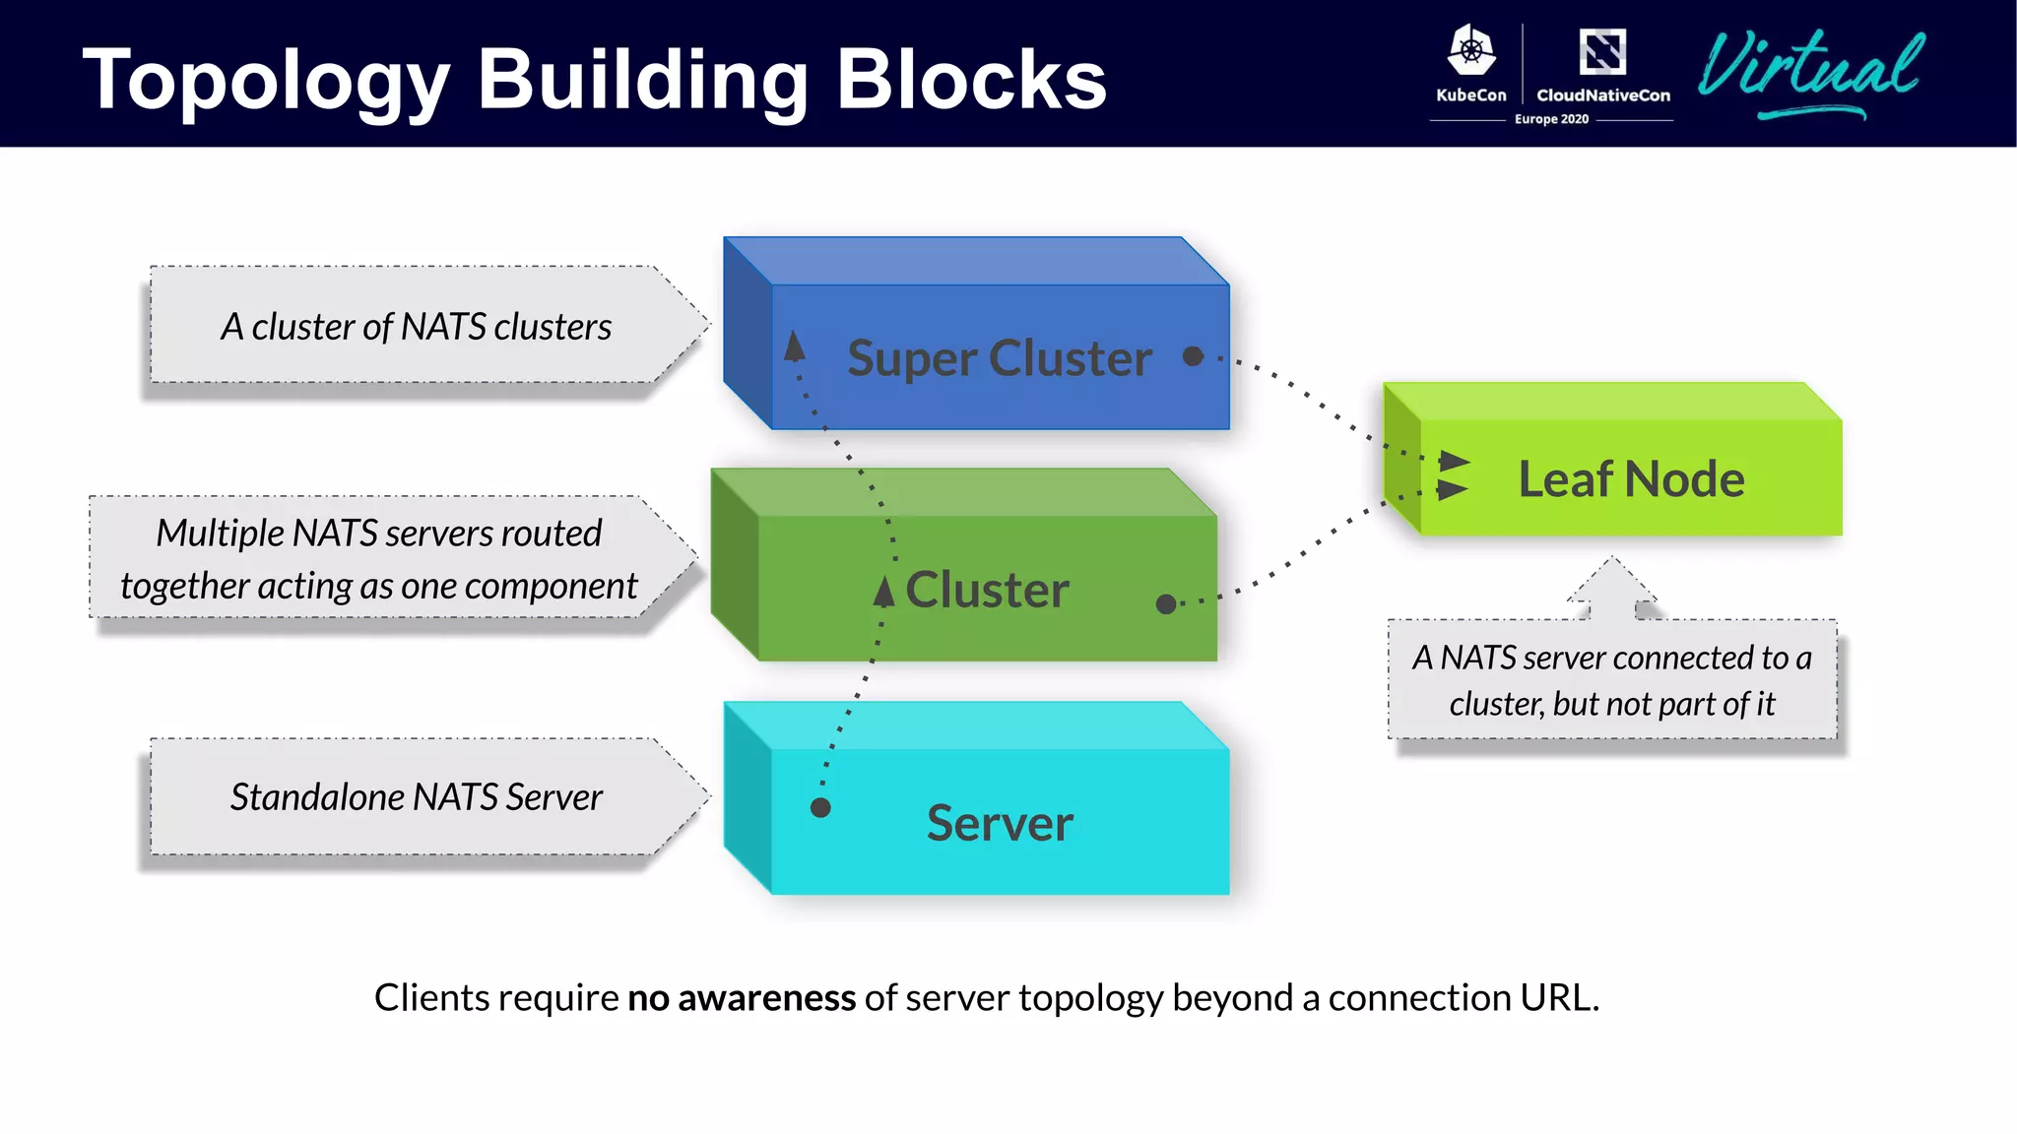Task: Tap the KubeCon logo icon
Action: (x=1471, y=51)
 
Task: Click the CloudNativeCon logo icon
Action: (x=1602, y=51)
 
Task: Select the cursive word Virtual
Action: (x=1810, y=67)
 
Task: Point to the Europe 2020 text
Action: (x=1551, y=119)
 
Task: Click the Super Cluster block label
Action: (x=999, y=357)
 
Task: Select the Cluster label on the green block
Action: (x=987, y=590)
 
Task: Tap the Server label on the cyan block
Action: (x=1000, y=823)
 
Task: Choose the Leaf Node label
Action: (x=1631, y=479)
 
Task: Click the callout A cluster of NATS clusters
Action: (x=416, y=327)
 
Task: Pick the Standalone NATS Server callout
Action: (x=416, y=796)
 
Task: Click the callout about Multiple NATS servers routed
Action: (x=379, y=559)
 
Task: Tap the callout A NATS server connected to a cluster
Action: (x=1611, y=680)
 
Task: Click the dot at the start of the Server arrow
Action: (x=820, y=808)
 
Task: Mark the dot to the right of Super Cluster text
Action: (x=1193, y=356)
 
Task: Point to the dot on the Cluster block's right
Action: (x=1166, y=603)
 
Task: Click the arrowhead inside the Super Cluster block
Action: (x=795, y=346)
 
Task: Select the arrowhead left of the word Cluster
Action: (x=884, y=591)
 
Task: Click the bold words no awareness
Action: (x=742, y=998)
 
